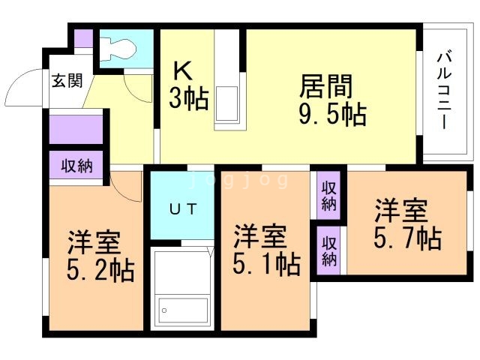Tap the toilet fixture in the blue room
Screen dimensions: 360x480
click(x=118, y=47)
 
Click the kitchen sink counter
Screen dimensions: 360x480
click(x=228, y=82)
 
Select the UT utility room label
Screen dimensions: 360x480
click(x=183, y=209)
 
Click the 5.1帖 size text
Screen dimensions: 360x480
click(x=266, y=264)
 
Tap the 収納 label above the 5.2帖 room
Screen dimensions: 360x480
click(x=76, y=166)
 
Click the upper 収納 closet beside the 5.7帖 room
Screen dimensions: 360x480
click(x=328, y=196)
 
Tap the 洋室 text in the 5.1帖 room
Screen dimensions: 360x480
click(x=259, y=237)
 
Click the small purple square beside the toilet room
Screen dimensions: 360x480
click(x=84, y=39)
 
